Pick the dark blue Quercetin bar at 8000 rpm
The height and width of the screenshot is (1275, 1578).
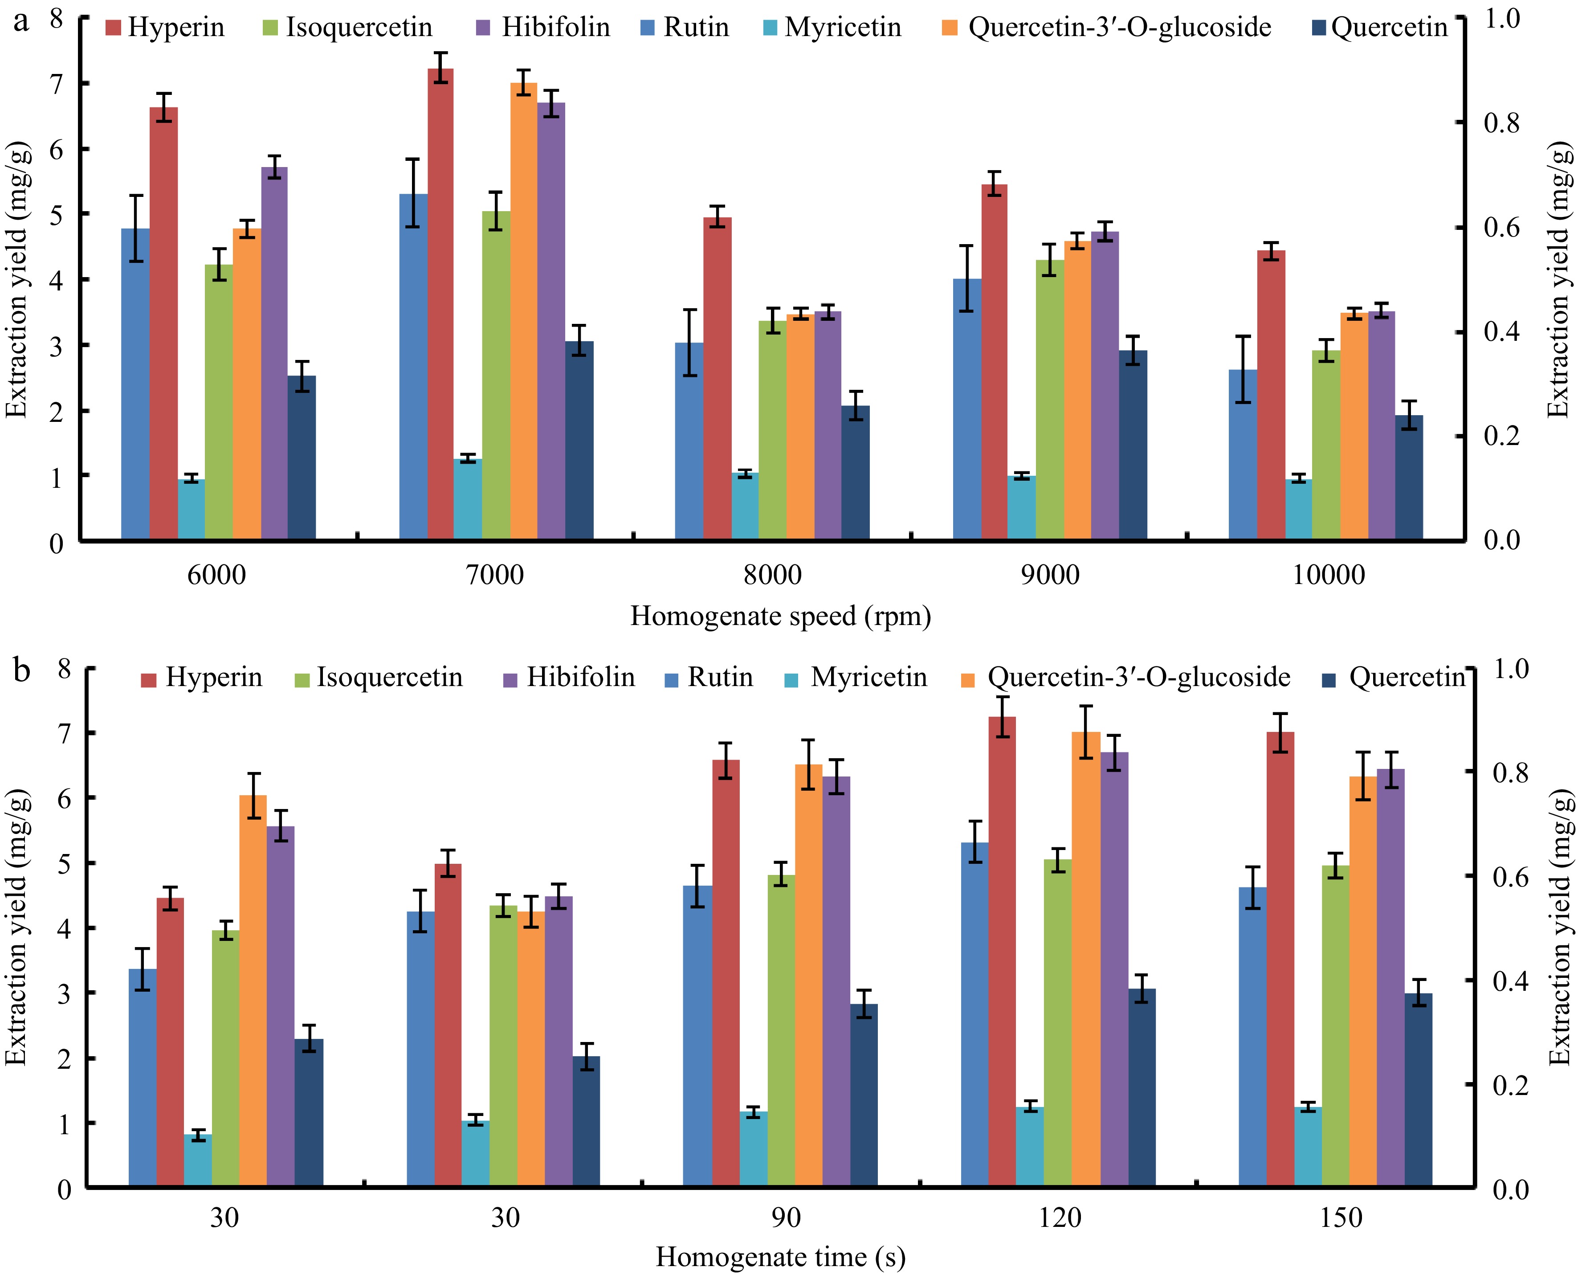(x=856, y=473)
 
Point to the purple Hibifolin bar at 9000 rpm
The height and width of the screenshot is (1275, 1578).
(x=1105, y=386)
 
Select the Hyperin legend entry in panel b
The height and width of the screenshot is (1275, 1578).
(x=202, y=677)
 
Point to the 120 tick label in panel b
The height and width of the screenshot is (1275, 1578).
(x=1060, y=1218)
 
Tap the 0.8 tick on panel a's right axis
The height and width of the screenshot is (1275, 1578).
(x=1502, y=123)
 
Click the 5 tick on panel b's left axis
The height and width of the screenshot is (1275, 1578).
(x=65, y=864)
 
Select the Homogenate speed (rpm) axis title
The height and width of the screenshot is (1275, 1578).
(x=781, y=616)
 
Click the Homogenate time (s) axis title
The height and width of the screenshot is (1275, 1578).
(x=781, y=1257)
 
